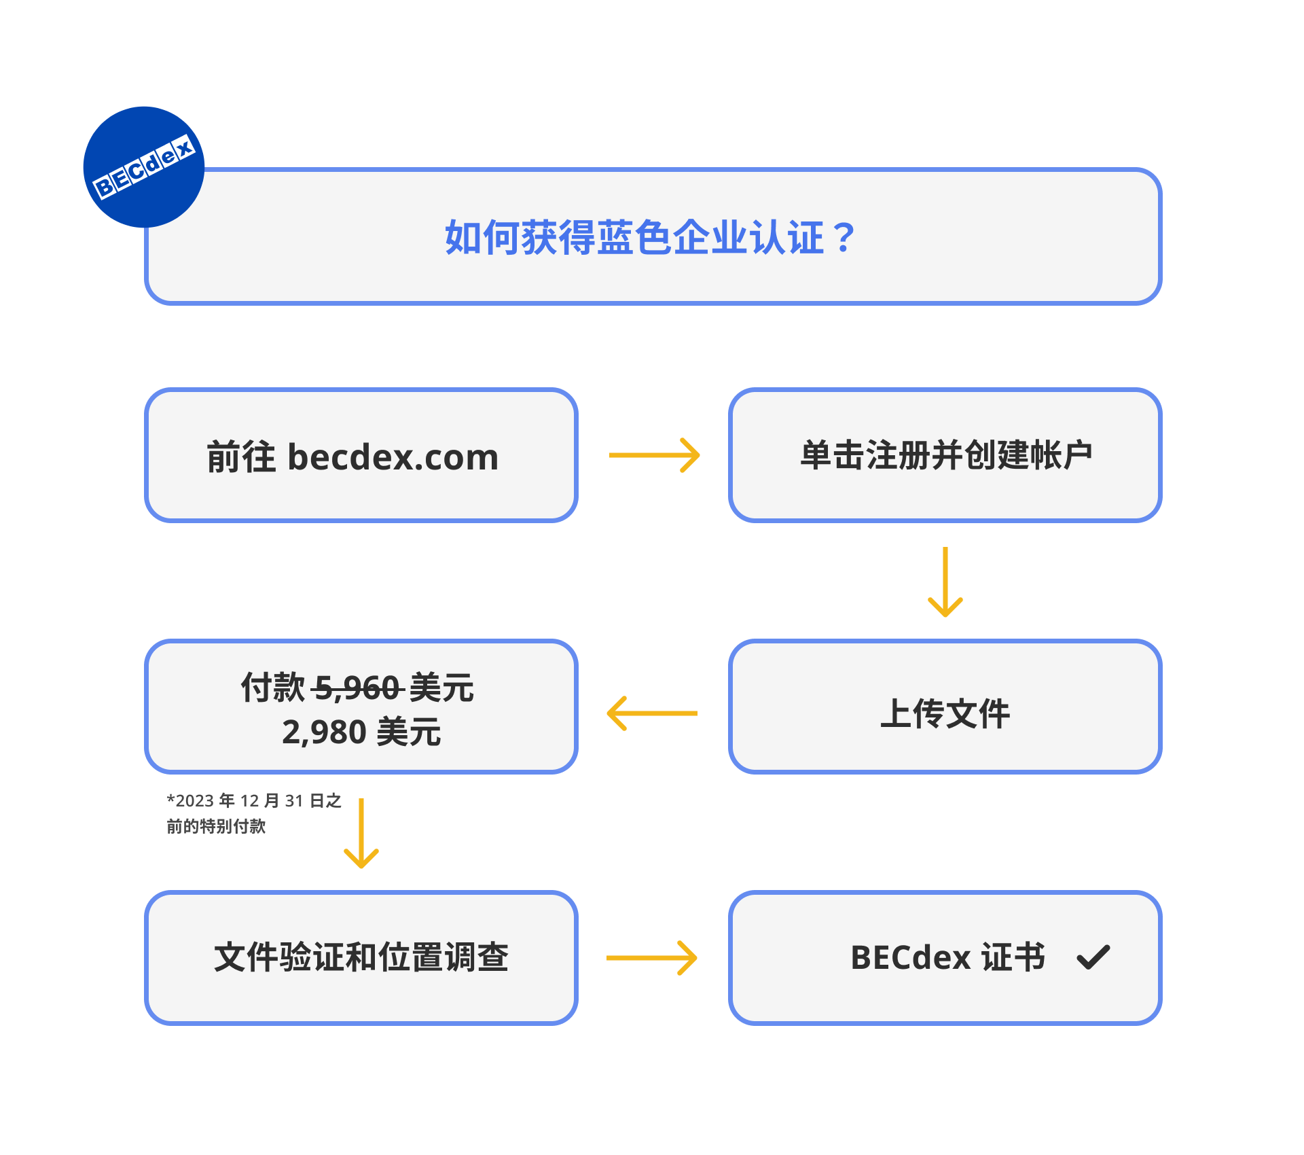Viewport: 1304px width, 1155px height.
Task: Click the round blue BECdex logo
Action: click(x=143, y=166)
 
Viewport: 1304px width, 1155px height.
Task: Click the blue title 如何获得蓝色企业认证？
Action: click(x=649, y=238)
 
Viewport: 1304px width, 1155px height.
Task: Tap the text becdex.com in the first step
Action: click(x=393, y=457)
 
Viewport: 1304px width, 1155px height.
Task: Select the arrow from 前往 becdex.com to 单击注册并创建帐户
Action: click(x=654, y=455)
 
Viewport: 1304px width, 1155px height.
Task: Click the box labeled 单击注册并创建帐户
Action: click(x=945, y=455)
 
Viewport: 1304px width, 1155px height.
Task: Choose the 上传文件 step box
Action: click(x=945, y=707)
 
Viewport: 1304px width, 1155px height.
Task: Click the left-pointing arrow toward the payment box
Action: click(x=652, y=713)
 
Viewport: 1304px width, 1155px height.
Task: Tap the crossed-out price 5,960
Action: click(x=358, y=688)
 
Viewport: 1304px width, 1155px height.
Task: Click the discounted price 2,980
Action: click(x=324, y=732)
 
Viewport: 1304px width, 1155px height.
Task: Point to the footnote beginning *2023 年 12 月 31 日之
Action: click(x=254, y=801)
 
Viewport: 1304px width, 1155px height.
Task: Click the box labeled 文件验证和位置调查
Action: click(x=361, y=958)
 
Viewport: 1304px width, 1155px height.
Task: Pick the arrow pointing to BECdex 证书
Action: click(x=652, y=958)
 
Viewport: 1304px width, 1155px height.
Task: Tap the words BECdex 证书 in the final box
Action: click(x=947, y=958)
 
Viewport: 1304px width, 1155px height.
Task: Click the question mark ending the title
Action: click(x=844, y=238)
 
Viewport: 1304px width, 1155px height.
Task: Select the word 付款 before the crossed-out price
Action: click(x=273, y=688)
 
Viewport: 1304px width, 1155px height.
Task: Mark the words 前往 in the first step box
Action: click(x=241, y=457)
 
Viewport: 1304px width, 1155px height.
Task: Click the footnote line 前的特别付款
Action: click(x=216, y=826)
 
